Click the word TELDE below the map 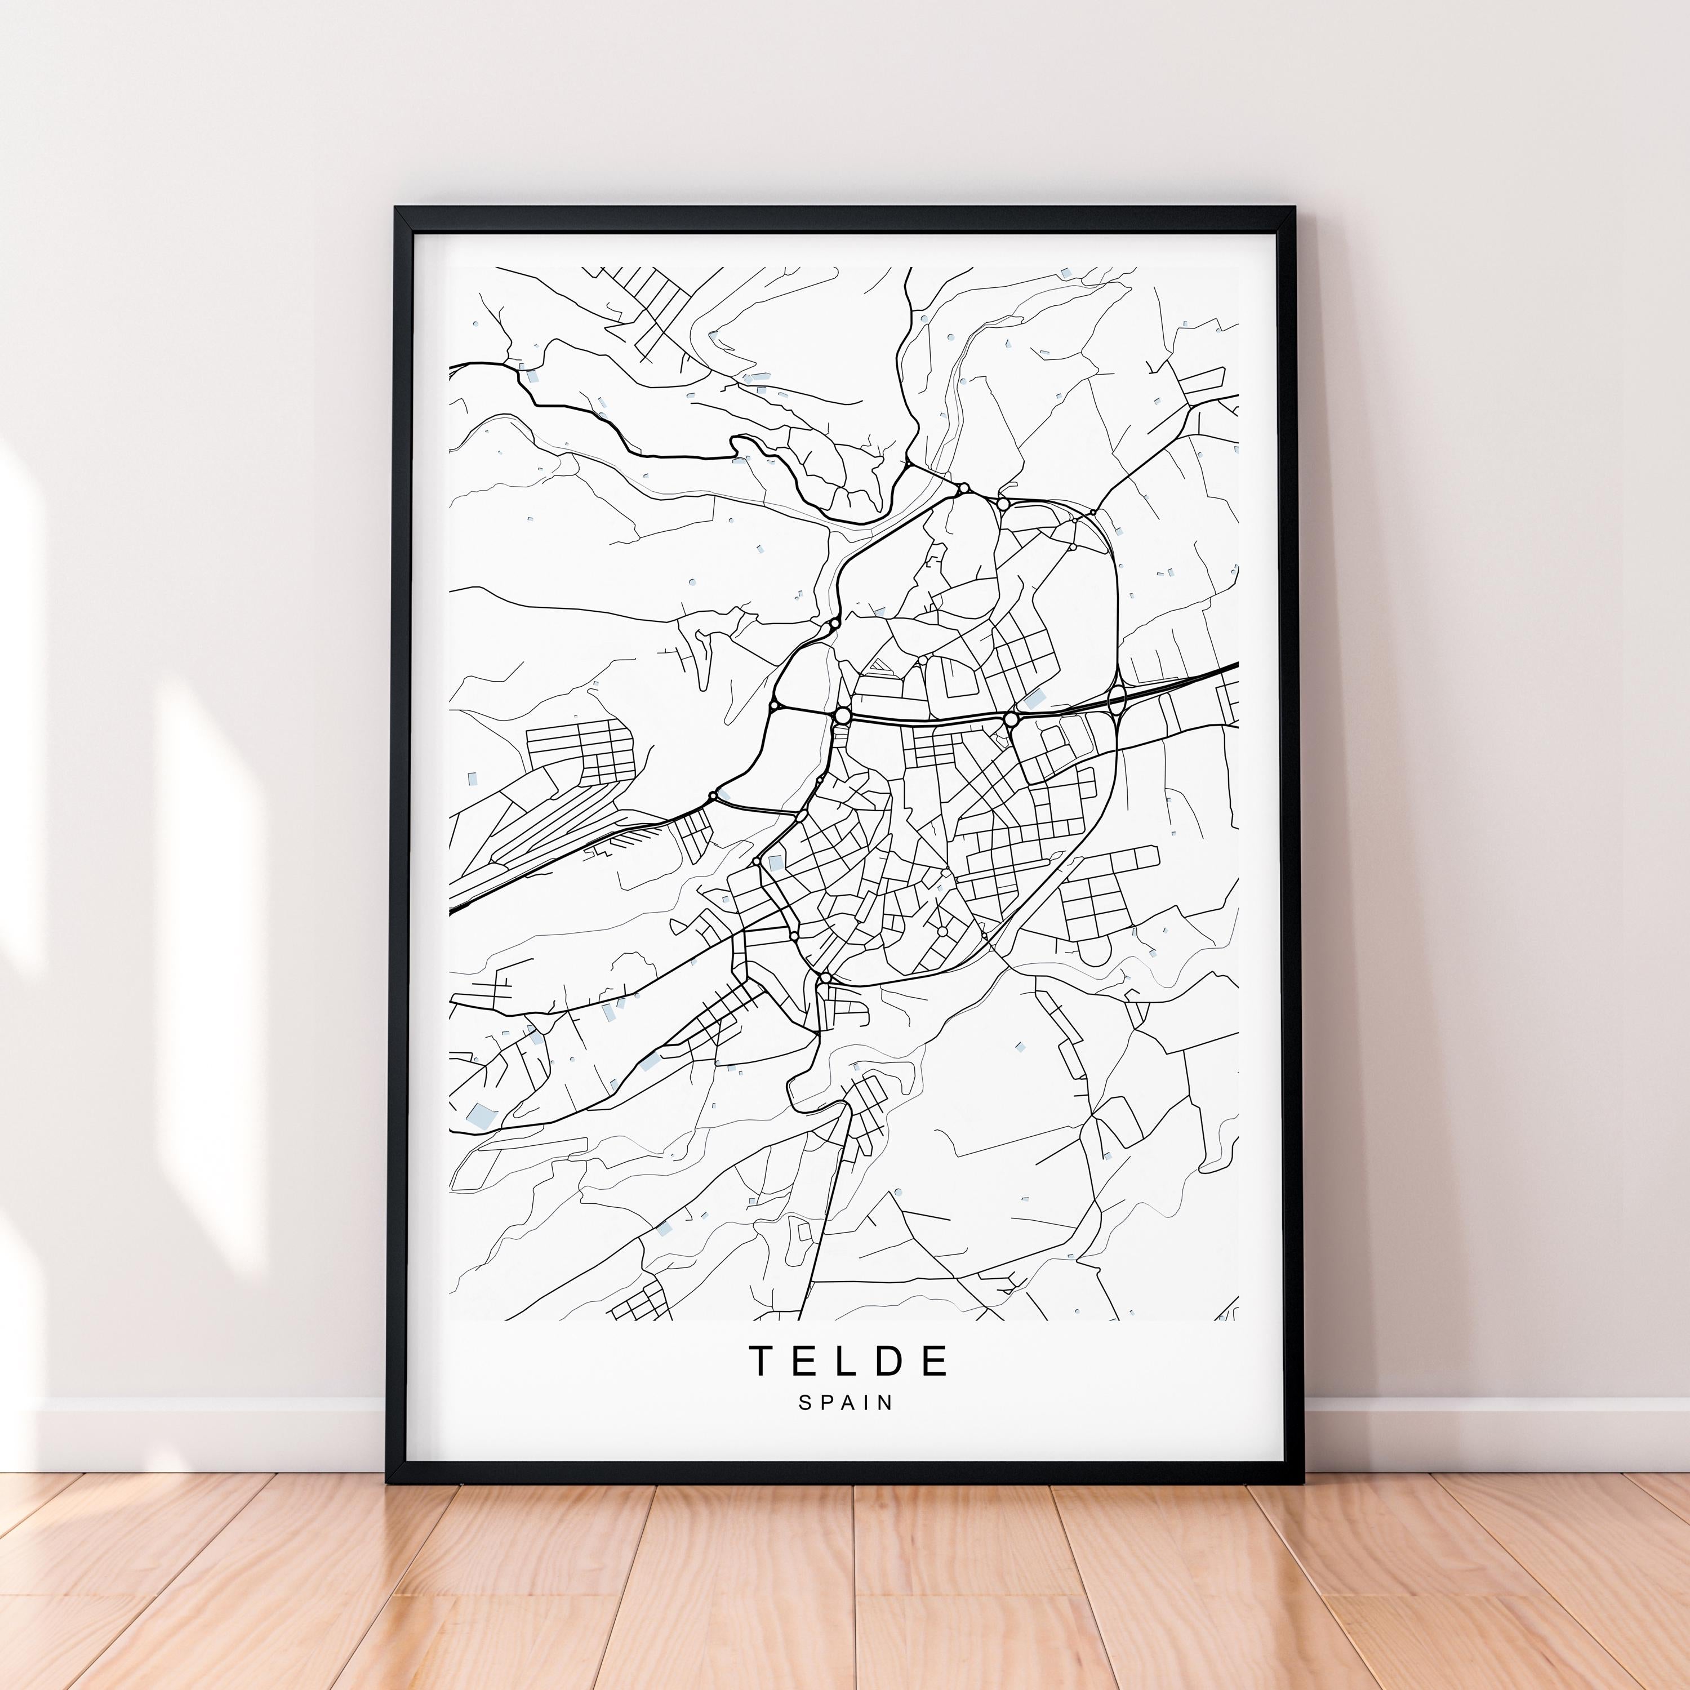848,1360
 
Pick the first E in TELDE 804,1360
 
